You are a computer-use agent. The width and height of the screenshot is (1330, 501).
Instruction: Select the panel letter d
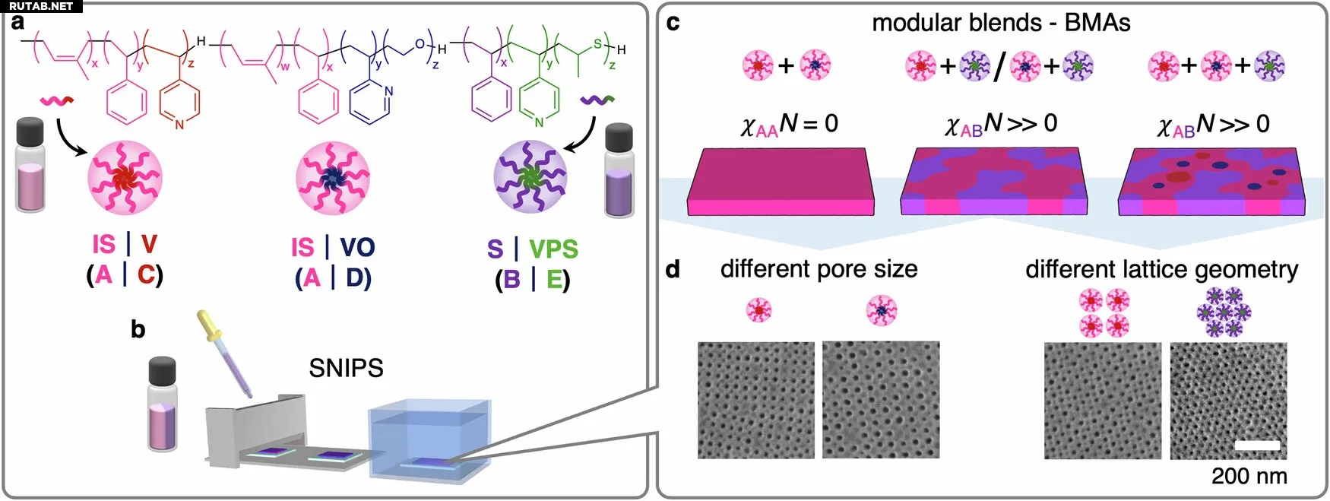[673, 269]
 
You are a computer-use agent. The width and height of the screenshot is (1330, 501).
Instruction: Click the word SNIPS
[346, 368]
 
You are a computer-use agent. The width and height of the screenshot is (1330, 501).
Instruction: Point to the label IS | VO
[333, 247]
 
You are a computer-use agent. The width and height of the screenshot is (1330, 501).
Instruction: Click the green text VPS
[553, 249]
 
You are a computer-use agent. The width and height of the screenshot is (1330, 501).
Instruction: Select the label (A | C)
[125, 274]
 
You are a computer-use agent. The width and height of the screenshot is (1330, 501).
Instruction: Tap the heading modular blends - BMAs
[1000, 23]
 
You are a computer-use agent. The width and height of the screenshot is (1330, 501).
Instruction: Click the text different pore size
[819, 269]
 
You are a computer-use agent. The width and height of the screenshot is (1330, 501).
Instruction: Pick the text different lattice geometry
[1161, 269]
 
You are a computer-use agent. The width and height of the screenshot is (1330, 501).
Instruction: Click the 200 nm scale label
[1249, 477]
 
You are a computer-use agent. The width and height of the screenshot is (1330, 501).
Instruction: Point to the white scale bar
[1257, 446]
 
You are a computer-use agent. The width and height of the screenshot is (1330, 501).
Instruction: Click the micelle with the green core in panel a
[530, 177]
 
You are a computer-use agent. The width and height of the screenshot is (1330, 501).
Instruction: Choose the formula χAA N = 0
[789, 124]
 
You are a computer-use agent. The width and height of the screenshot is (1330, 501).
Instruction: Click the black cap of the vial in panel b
[162, 372]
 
